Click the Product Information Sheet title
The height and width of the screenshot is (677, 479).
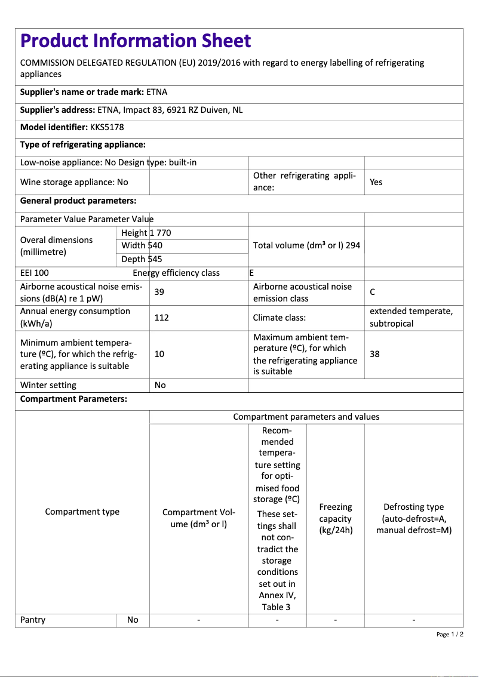(x=136, y=41)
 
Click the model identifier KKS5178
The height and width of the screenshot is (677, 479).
(x=107, y=127)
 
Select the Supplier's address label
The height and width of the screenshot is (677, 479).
(x=57, y=110)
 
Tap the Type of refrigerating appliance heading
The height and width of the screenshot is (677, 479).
(x=83, y=144)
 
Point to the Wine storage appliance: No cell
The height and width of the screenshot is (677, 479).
(x=74, y=182)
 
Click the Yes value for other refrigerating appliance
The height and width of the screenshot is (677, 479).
(x=376, y=182)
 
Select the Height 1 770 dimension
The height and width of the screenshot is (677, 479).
(x=146, y=233)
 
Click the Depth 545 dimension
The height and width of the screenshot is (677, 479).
(x=142, y=259)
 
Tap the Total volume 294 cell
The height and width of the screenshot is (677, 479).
(x=306, y=245)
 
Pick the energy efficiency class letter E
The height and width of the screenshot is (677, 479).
(x=251, y=273)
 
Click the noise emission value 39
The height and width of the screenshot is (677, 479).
(x=159, y=292)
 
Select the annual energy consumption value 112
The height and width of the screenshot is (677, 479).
(x=161, y=318)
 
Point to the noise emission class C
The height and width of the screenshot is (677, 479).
(x=373, y=292)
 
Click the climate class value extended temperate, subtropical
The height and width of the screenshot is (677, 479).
(x=411, y=318)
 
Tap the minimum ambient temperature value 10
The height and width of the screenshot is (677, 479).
(x=159, y=354)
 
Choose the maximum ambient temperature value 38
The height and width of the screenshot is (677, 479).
(x=374, y=354)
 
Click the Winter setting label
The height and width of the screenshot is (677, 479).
(x=48, y=385)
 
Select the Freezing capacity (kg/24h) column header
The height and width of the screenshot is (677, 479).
(x=335, y=518)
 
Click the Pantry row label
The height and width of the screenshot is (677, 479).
(x=33, y=620)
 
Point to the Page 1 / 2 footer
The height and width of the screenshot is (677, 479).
(x=450, y=634)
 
